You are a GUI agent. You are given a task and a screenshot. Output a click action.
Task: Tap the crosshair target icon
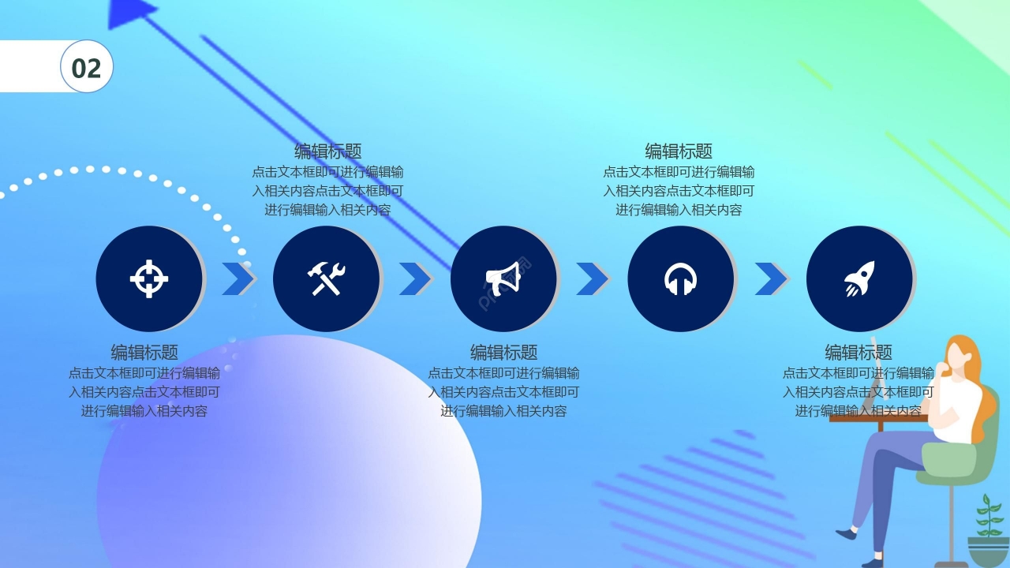coord(149,278)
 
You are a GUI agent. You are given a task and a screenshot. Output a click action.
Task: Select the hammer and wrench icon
coord(326,278)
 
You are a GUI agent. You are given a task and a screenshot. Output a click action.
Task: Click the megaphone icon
coord(503,278)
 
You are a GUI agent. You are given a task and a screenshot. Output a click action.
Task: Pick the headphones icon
coord(680,278)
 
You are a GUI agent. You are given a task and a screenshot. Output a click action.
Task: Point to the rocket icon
coord(858,278)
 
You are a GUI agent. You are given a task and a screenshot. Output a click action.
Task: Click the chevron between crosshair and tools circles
coord(238,278)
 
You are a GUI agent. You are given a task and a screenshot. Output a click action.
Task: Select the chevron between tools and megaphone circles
coord(415,278)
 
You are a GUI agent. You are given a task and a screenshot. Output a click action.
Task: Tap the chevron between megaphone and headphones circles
coord(593,278)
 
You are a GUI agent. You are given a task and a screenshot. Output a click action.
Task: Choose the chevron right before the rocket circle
coord(771,278)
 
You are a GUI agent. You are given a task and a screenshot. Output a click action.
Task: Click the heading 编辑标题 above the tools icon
coord(327,151)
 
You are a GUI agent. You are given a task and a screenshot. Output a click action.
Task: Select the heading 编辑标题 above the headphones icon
coord(679,151)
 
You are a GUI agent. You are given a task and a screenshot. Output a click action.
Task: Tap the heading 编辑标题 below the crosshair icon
coord(144,353)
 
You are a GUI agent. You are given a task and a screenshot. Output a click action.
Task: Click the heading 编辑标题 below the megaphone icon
coord(503,353)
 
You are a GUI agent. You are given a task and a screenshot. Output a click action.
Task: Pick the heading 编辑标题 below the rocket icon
coord(858,353)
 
